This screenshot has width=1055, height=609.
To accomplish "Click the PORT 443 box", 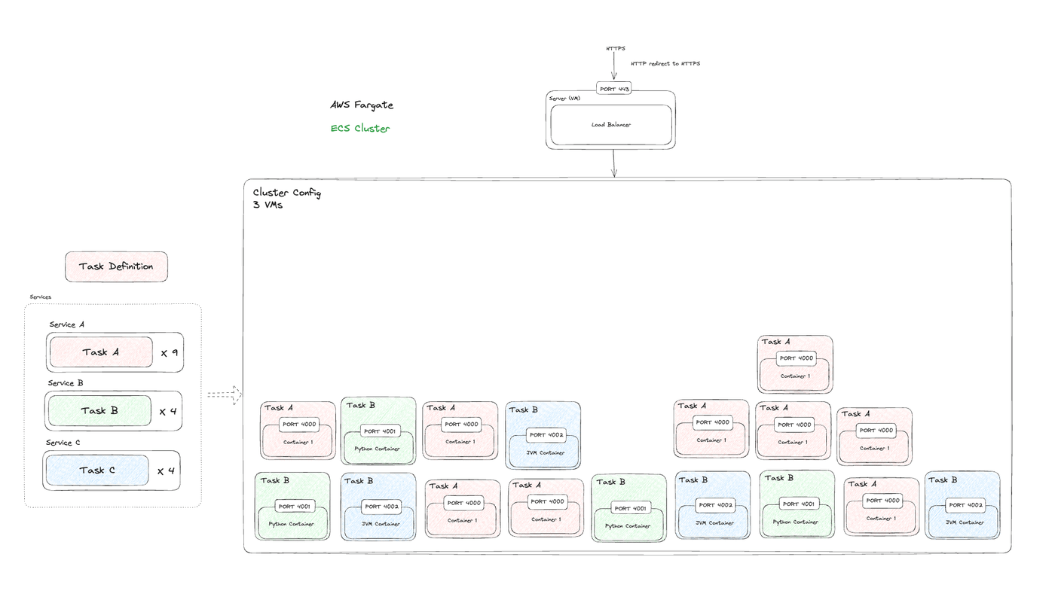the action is click(613, 89).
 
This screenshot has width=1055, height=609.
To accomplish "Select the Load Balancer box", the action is click(611, 125).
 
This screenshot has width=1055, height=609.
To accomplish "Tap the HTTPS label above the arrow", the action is click(616, 48).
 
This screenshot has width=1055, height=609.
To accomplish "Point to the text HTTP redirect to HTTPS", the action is click(665, 63).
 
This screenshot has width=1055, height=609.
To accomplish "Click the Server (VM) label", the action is click(564, 99).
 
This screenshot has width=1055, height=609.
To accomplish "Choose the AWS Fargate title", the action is click(362, 105).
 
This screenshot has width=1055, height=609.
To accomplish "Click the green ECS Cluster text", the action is click(360, 128).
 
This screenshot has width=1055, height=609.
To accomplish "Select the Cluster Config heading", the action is click(287, 193).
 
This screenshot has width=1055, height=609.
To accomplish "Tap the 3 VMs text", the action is click(268, 205).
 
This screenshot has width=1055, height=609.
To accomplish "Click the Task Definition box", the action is click(116, 266).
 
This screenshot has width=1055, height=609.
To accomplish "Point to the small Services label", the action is click(41, 297).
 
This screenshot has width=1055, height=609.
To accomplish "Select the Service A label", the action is click(67, 324).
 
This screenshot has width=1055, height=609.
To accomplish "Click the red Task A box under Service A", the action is click(101, 352).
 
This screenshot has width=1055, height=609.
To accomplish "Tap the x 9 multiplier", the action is click(169, 353).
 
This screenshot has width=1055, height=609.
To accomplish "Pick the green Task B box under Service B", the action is click(99, 411).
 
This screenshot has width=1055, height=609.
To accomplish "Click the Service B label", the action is click(66, 383).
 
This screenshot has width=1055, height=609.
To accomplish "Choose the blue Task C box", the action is click(97, 470).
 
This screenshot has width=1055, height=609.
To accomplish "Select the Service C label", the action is click(63, 443).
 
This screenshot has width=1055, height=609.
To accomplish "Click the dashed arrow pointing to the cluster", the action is click(225, 395).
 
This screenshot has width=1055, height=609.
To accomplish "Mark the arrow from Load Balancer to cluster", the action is click(613, 163).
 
